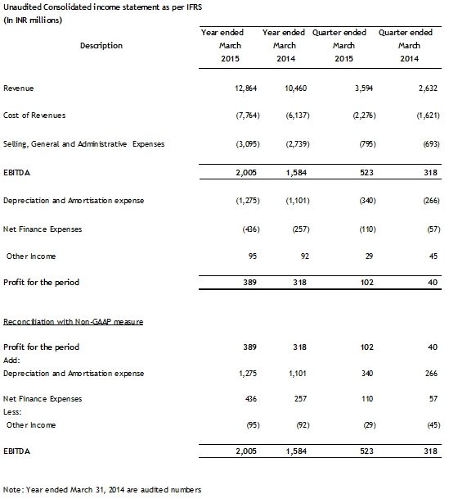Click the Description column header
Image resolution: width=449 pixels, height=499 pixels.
point(101,46)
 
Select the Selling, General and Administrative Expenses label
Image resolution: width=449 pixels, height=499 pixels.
point(84,143)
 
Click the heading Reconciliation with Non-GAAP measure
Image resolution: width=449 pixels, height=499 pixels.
point(74,321)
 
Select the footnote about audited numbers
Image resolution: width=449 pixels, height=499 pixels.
point(101,489)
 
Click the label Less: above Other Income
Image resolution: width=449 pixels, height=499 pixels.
point(14,412)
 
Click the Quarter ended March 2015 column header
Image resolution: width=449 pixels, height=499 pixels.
point(343,45)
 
